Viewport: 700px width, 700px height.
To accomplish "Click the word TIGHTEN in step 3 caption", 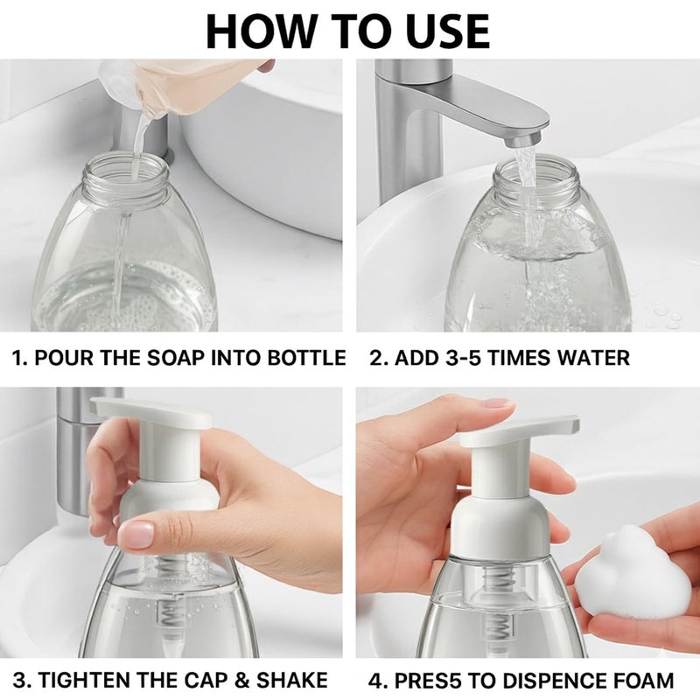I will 82,680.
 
